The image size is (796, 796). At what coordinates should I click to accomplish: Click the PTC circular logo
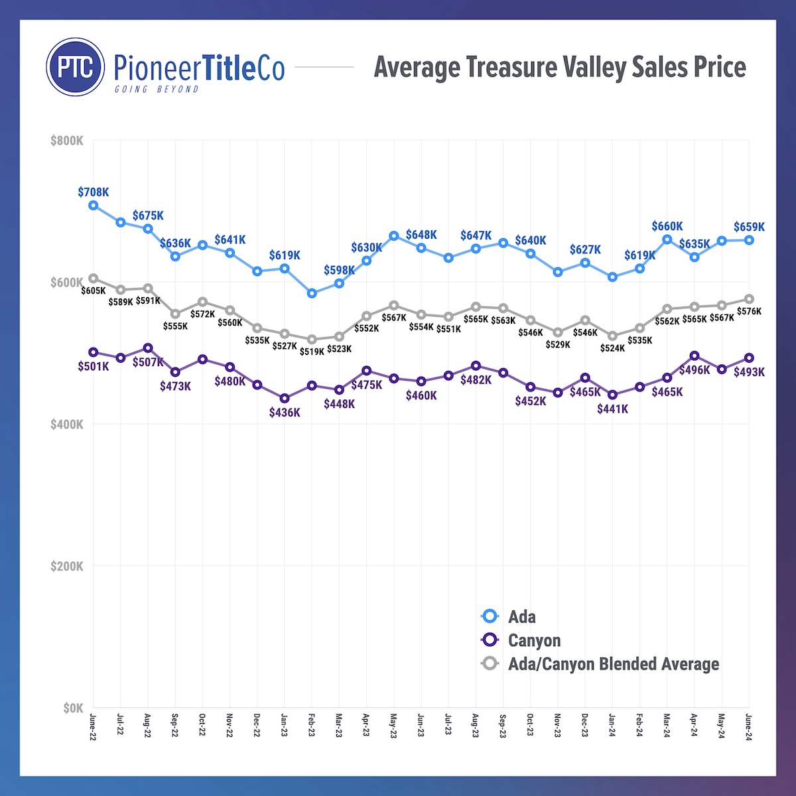tap(76, 67)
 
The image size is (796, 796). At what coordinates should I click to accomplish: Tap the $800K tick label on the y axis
tap(67, 141)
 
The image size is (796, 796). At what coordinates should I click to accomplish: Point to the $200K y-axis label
tap(67, 566)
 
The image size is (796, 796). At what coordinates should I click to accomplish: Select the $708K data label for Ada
tap(94, 192)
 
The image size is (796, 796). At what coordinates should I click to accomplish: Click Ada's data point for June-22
tap(94, 206)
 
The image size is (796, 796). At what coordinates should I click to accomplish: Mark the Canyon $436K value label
tap(285, 413)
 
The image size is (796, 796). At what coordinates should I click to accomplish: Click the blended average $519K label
tap(312, 352)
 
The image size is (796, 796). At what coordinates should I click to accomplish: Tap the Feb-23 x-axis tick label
tap(312, 725)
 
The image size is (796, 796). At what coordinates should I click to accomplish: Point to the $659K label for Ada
tap(749, 227)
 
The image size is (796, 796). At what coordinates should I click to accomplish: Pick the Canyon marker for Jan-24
tap(612, 395)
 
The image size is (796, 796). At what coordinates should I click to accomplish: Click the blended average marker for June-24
tap(749, 299)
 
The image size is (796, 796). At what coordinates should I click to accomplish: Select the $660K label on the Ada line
tap(667, 227)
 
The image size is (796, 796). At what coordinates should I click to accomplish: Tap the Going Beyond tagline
tap(157, 89)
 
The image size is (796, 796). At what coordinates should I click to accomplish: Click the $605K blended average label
tap(94, 291)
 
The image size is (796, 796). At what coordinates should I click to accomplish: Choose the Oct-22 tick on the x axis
tap(202, 725)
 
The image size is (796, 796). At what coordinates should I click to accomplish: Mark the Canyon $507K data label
tap(147, 362)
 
